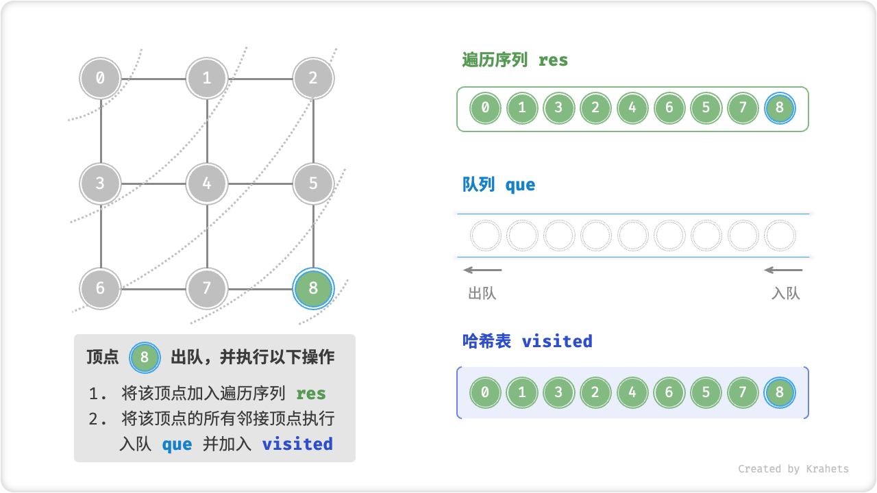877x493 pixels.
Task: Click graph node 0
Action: click(101, 78)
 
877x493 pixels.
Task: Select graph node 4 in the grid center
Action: click(207, 184)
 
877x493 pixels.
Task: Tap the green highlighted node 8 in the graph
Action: click(313, 288)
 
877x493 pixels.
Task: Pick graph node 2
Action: click(313, 78)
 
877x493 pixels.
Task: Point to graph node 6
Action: click(101, 288)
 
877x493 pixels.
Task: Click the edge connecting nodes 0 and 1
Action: click(153, 78)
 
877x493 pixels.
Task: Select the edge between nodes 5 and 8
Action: click(313, 236)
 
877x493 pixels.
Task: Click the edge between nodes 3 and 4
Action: click(153, 184)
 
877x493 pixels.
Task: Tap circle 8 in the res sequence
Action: click(780, 108)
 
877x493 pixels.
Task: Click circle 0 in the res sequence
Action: click(485, 108)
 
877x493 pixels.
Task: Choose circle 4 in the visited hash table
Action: click(632, 393)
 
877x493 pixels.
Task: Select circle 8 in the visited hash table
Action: click(780, 393)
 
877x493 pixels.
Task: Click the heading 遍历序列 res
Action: click(515, 60)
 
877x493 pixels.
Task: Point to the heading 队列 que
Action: click(499, 185)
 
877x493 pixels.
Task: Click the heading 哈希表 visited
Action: click(528, 341)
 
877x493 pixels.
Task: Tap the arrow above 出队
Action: click(482, 270)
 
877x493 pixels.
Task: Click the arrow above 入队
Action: click(783, 270)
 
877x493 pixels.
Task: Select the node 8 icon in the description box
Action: click(145, 357)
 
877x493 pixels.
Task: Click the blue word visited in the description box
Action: click(297, 444)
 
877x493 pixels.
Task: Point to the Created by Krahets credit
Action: click(793, 469)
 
